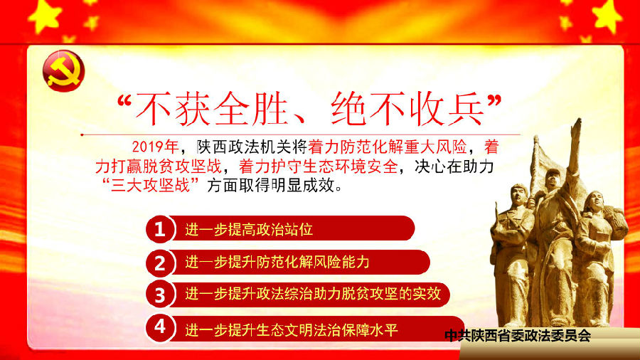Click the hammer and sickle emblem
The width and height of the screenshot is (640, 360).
(x=63, y=70)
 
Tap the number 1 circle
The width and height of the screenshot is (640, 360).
(x=160, y=229)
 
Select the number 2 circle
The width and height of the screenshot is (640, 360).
(x=160, y=263)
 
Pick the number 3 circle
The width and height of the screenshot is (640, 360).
(x=160, y=295)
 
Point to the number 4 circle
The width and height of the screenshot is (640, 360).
(x=160, y=327)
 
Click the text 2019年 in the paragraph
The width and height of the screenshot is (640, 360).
(x=155, y=147)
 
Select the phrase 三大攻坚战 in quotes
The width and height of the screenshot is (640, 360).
(x=151, y=185)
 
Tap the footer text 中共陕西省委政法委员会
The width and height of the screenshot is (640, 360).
(x=518, y=336)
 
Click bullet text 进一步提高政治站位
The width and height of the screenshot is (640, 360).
(x=249, y=230)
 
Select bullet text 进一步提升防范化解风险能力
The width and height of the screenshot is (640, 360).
(x=277, y=262)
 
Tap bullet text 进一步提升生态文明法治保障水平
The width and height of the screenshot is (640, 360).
(x=292, y=330)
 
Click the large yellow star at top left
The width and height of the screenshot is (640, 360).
(x=45, y=16)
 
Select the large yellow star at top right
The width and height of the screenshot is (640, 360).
(x=608, y=16)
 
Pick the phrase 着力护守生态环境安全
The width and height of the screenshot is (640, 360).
(x=319, y=166)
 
